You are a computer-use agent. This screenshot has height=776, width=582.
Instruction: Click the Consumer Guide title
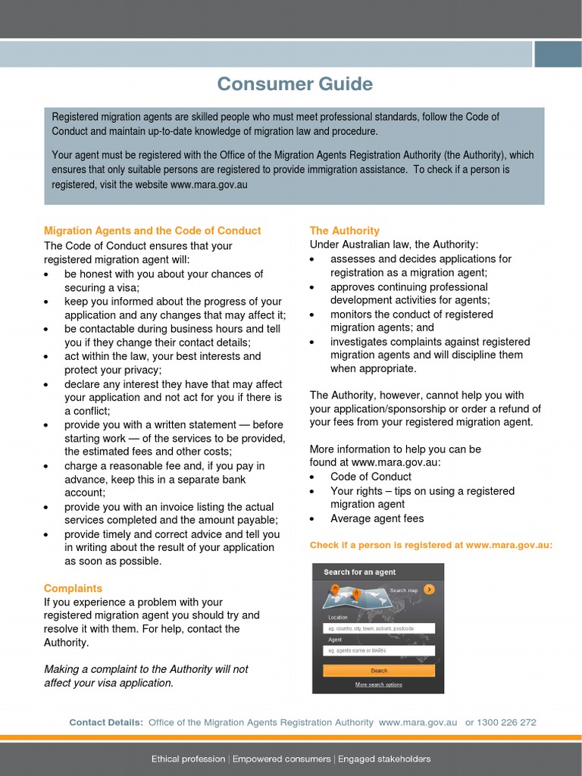click(295, 84)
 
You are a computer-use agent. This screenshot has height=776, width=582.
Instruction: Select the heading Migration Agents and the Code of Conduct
click(152, 230)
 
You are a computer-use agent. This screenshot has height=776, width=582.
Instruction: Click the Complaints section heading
click(73, 588)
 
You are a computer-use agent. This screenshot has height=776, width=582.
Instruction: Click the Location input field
click(379, 628)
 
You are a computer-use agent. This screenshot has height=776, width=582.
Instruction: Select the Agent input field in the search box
click(379, 650)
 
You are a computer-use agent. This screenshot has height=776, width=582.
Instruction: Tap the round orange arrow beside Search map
click(429, 589)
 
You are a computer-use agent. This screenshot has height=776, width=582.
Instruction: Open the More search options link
click(379, 684)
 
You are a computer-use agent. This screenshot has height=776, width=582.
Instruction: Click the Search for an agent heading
click(360, 572)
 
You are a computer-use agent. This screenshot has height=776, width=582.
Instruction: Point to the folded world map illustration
click(352, 596)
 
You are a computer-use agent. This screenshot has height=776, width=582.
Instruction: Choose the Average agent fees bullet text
click(377, 518)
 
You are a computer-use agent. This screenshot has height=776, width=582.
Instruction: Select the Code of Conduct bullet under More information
click(371, 477)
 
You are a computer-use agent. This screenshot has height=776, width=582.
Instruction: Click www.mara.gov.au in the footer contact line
click(418, 722)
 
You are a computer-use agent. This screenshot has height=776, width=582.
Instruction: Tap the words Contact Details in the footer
click(106, 722)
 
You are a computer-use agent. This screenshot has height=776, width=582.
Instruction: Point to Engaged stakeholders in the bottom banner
click(384, 759)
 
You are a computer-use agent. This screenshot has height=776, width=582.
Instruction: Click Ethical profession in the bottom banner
click(188, 759)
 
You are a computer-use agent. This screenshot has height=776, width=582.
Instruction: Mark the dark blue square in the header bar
click(558, 54)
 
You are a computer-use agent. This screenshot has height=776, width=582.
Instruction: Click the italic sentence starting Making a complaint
click(146, 676)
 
